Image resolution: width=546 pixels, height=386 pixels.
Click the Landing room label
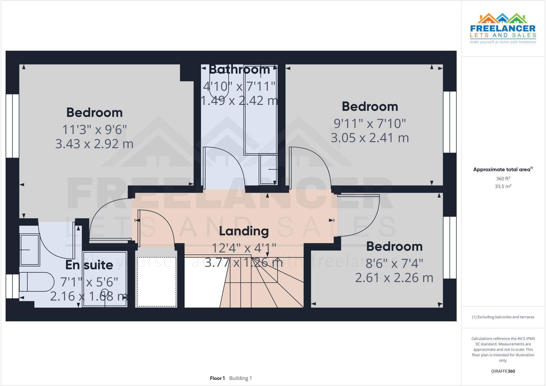click(x=244, y=231)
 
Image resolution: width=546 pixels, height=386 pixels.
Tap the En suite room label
click(x=89, y=265)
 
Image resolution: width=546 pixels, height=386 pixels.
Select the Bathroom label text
click(x=239, y=70)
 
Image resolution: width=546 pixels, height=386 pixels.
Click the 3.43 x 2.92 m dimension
click(x=94, y=144)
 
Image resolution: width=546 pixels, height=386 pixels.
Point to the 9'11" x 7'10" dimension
click(x=370, y=124)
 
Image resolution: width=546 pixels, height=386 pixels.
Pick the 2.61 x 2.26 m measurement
click(x=394, y=278)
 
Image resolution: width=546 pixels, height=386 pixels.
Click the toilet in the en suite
click(x=36, y=282)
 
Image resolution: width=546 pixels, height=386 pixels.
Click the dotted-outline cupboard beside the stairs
click(x=156, y=282)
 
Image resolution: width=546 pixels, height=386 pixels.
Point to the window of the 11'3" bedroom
click(x=12, y=126)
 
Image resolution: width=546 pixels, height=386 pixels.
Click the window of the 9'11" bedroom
click(x=450, y=122)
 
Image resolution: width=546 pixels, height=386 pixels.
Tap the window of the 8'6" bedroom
click(x=450, y=247)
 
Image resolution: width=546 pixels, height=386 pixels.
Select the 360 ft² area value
click(x=503, y=179)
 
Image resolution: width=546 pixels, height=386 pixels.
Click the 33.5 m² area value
click(x=503, y=186)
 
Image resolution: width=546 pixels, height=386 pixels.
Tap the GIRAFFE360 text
click(x=503, y=371)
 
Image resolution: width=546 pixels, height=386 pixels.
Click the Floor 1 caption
click(x=217, y=378)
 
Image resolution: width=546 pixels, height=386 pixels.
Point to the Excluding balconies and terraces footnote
click(x=503, y=317)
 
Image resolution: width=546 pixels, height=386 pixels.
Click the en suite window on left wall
click(x=12, y=286)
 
